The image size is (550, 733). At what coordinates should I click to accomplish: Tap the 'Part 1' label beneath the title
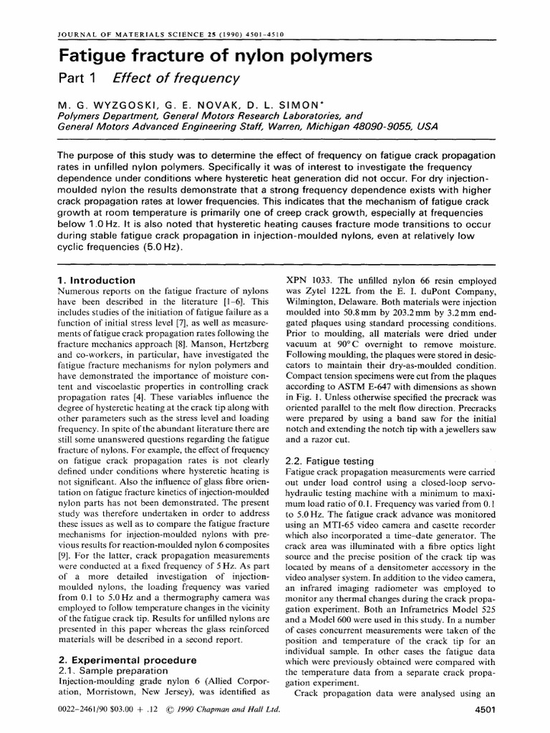77,79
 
